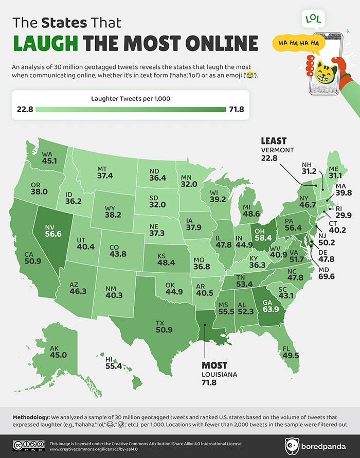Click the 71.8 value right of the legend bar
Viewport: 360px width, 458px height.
point(237,109)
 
